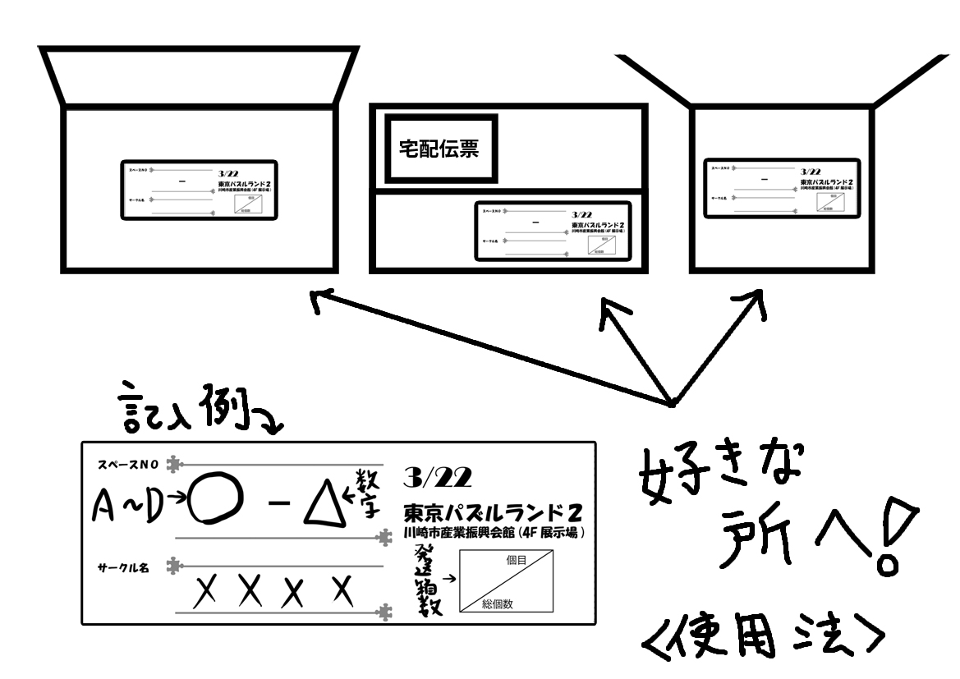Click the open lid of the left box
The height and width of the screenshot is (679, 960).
click(x=199, y=77)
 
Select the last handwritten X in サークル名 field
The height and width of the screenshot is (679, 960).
click(x=346, y=589)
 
